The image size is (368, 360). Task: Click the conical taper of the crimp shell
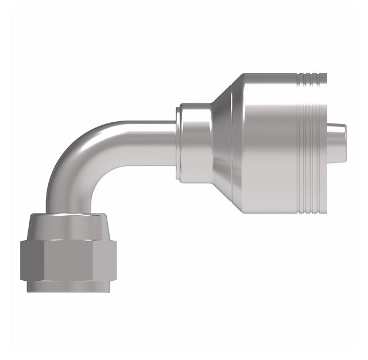[x=221, y=144]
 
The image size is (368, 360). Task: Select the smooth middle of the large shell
[x=276, y=144]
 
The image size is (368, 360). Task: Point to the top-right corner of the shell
[x=324, y=75]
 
